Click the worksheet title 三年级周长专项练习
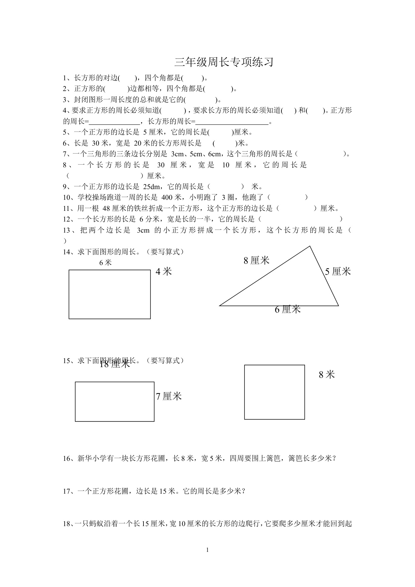224,62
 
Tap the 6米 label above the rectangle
105,263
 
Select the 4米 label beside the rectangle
164,271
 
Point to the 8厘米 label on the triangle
256,260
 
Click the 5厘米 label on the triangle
338,271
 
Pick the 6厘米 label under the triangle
288,310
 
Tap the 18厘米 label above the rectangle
115,364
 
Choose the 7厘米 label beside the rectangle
169,396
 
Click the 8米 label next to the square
327,374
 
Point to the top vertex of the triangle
310,246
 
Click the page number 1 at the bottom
207,550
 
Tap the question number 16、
69,458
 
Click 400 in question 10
167,197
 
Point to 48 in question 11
106,208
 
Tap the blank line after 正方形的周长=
114,122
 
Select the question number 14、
69,252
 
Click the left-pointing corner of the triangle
220,306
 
